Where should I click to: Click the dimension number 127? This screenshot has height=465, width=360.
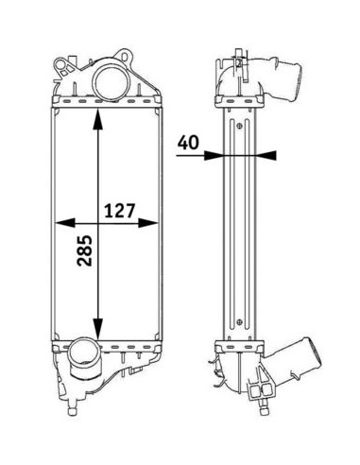119,211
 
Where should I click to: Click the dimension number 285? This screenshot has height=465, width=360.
84,250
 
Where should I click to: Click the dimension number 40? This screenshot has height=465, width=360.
188,143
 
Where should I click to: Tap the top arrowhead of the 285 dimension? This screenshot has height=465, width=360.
98,119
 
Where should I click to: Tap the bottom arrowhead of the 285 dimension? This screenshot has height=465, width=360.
98,329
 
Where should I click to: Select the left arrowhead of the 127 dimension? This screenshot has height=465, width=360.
65,223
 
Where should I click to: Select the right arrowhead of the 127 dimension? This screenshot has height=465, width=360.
147,223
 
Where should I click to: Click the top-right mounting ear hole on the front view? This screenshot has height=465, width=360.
125,57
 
